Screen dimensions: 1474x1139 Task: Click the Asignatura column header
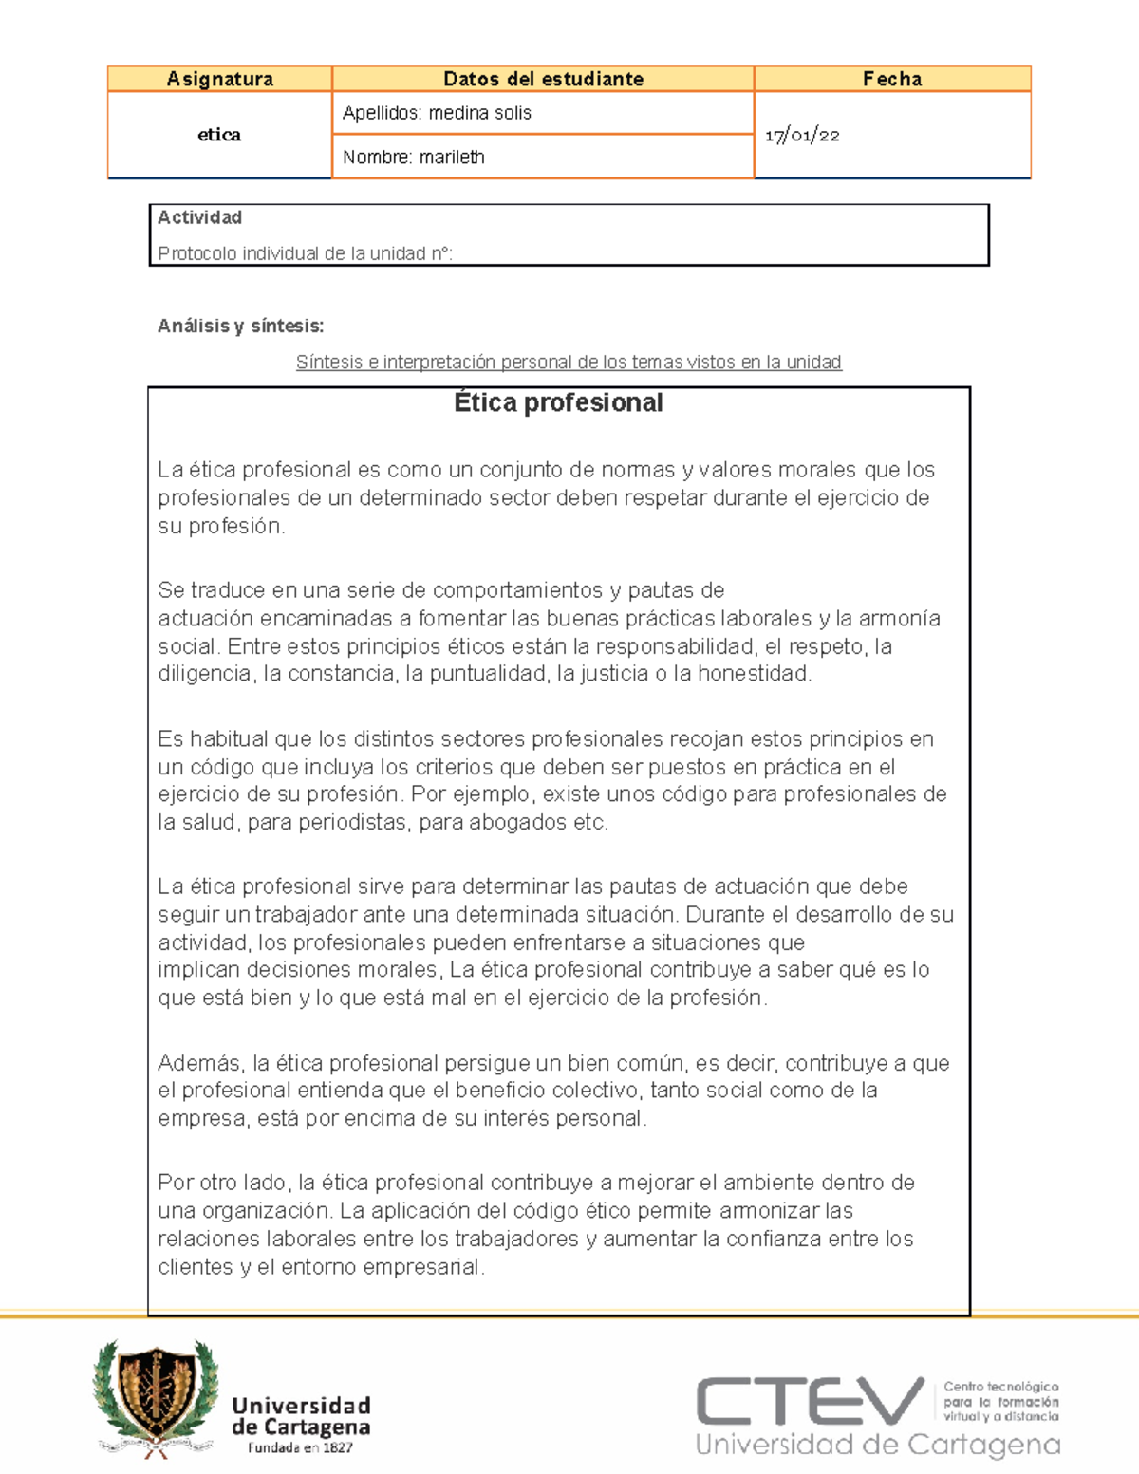(x=219, y=79)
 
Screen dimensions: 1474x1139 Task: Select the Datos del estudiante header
(x=543, y=79)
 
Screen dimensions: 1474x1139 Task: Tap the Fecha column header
(x=891, y=79)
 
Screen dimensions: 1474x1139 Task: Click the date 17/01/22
(x=802, y=136)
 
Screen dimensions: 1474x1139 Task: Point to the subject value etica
(x=219, y=135)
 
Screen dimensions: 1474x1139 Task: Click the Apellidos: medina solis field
(x=437, y=113)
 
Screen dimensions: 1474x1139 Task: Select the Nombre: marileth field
(x=413, y=158)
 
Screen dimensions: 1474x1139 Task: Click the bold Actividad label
(x=199, y=217)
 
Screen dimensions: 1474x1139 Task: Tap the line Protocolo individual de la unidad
(x=305, y=253)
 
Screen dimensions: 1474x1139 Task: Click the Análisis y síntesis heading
(x=240, y=326)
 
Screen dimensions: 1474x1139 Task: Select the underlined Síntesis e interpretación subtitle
(x=569, y=362)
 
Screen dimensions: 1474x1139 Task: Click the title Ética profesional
(x=558, y=402)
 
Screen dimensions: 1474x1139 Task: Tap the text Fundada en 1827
(x=300, y=1448)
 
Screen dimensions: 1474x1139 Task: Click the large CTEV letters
(x=810, y=1402)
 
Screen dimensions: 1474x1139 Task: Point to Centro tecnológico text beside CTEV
(x=1000, y=1387)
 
